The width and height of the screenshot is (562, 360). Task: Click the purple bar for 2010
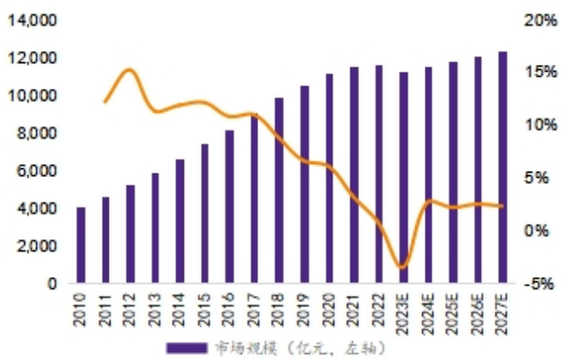[81, 245]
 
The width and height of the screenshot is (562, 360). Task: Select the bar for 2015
[205, 213]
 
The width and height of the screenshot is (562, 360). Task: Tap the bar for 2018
[279, 190]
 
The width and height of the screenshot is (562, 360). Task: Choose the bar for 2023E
[403, 178]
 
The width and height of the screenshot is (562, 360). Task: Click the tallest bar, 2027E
[502, 167]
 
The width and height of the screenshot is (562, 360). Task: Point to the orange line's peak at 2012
[129, 70]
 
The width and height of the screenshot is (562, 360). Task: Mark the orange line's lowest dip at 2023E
[401, 267]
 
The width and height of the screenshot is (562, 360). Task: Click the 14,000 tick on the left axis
[34, 20]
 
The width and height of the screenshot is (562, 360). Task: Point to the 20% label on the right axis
[540, 20]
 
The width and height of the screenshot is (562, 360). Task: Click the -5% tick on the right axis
[540, 283]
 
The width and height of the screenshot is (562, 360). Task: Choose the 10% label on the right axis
[540, 125]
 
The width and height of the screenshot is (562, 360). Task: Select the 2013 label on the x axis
[155, 308]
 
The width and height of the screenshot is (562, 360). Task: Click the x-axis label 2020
[329, 308]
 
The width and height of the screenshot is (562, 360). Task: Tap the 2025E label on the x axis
[453, 312]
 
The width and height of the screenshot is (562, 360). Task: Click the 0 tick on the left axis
[53, 283]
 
